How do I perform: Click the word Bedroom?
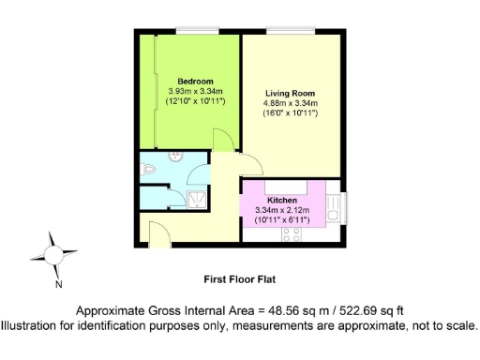pyautogui.click(x=197, y=80)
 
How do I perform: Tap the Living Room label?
pyautogui.click(x=290, y=94)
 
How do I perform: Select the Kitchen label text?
pyautogui.click(x=282, y=202)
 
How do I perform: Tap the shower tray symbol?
pyautogui.click(x=197, y=198)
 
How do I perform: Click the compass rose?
pyautogui.click(x=53, y=253)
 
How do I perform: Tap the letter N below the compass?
pyautogui.click(x=58, y=283)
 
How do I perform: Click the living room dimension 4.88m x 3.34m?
pyautogui.click(x=290, y=103)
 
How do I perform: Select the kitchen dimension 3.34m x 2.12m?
pyautogui.click(x=282, y=211)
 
